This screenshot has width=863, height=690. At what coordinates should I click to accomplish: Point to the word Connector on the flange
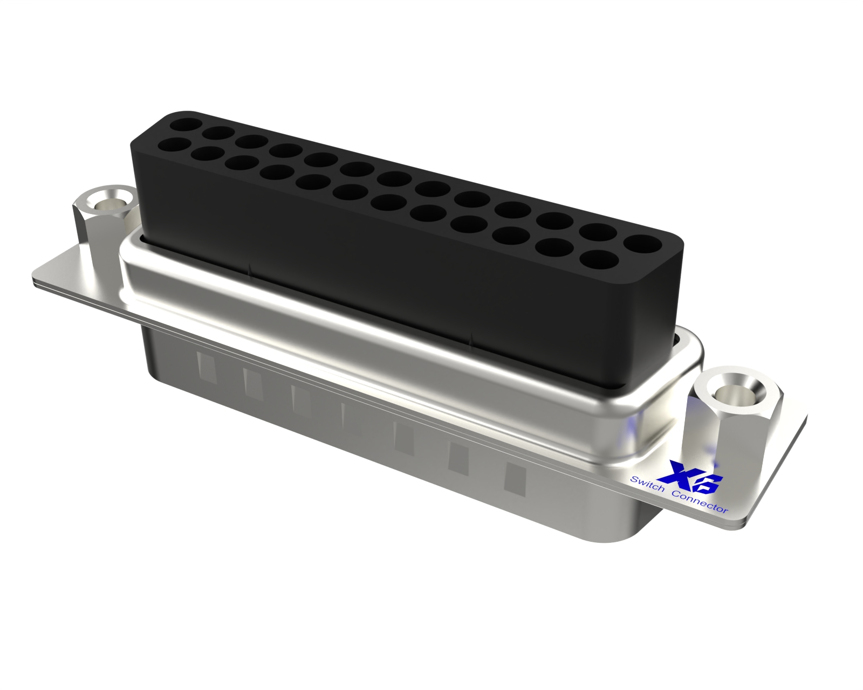701,501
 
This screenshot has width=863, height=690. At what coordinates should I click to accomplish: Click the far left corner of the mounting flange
32,281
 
